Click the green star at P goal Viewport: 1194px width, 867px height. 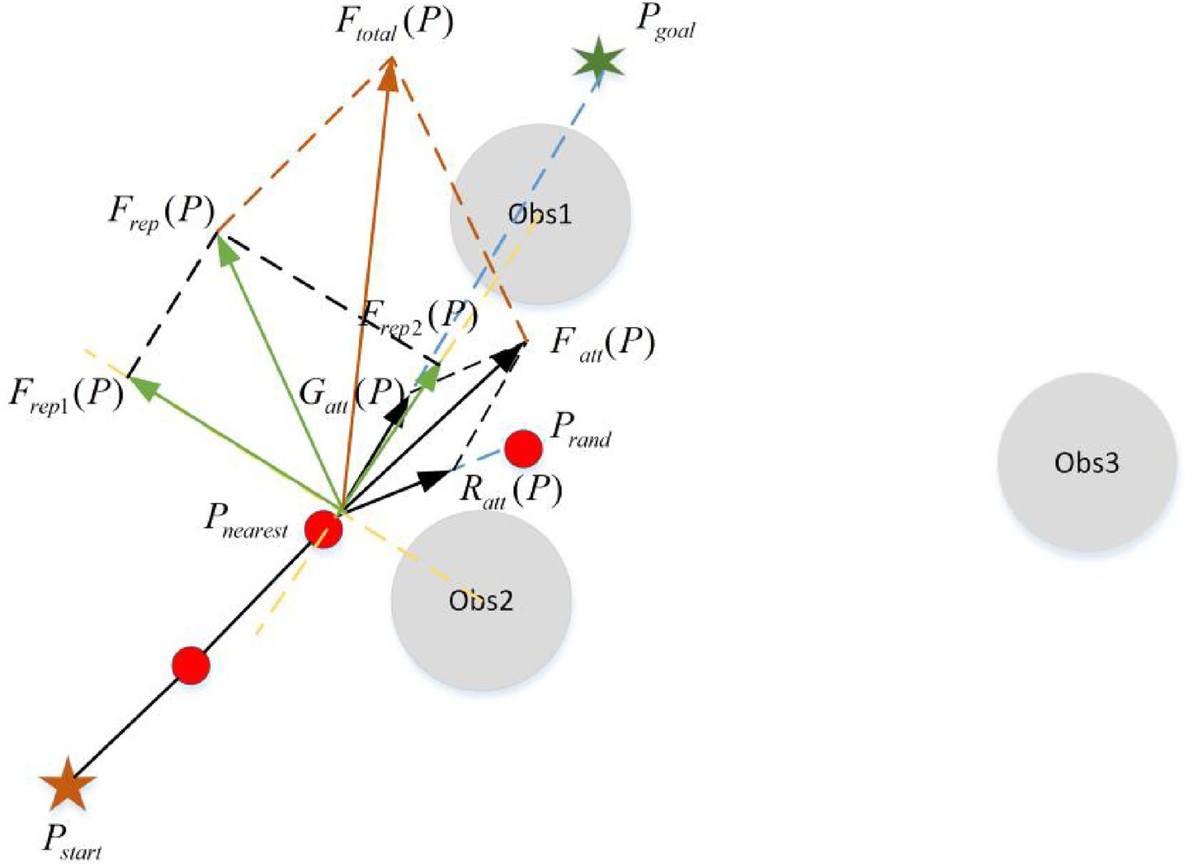597,61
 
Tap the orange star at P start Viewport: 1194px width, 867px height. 68,784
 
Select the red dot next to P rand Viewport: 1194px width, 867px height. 523,448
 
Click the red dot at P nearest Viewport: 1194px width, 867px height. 323,528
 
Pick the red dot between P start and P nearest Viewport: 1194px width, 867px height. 191,665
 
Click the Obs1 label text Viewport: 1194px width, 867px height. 540,214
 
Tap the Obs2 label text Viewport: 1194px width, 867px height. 481,600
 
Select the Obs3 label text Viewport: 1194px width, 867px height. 1087,462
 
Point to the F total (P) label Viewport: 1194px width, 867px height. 394,23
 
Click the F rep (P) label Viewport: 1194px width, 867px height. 161,212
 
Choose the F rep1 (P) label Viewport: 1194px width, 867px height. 66,394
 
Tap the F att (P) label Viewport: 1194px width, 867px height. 602,342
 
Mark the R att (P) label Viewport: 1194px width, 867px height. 511,490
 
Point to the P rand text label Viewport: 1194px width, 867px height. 581,429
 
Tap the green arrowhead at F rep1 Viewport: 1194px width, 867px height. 142,386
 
